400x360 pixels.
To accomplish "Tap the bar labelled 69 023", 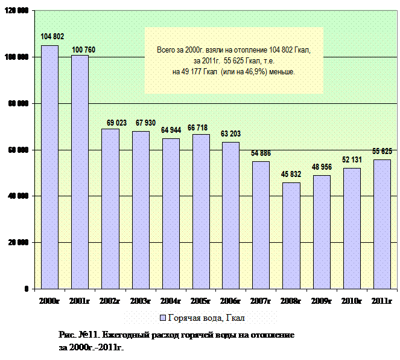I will click(x=110, y=208).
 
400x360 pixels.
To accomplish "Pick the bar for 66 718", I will click(x=201, y=211).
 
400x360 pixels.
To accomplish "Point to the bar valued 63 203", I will click(x=231, y=215).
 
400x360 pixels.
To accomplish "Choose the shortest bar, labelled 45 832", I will click(x=291, y=235).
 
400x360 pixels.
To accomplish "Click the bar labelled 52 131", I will click(x=352, y=228).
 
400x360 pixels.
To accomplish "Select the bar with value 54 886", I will click(x=261, y=225).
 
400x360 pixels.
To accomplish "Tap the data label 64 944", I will click(x=172, y=130).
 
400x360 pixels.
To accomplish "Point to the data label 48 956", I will click(x=322, y=166).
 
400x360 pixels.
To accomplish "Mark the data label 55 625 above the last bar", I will click(x=383, y=151).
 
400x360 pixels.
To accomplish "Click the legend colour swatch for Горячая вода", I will click(x=162, y=318).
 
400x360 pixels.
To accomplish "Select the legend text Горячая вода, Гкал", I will click(x=205, y=318).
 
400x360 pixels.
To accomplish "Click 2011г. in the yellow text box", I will click(x=206, y=62).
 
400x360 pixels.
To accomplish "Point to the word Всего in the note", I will click(x=166, y=51).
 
